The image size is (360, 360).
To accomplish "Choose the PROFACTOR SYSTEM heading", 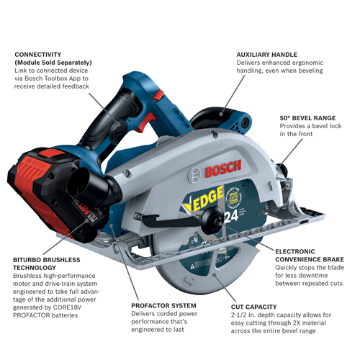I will tap(162, 306).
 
